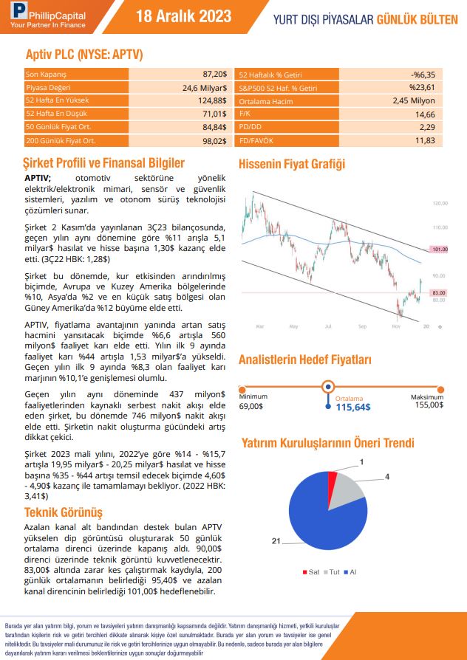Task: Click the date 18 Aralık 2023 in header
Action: (x=184, y=17)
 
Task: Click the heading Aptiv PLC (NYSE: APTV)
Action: (x=83, y=55)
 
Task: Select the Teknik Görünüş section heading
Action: (x=64, y=512)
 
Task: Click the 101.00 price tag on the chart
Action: (x=439, y=249)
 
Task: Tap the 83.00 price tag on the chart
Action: (x=439, y=292)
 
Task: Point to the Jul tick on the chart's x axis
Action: (x=328, y=326)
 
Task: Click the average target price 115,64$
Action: (x=353, y=406)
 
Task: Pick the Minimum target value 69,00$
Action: (x=251, y=405)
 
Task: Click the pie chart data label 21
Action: (x=276, y=541)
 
